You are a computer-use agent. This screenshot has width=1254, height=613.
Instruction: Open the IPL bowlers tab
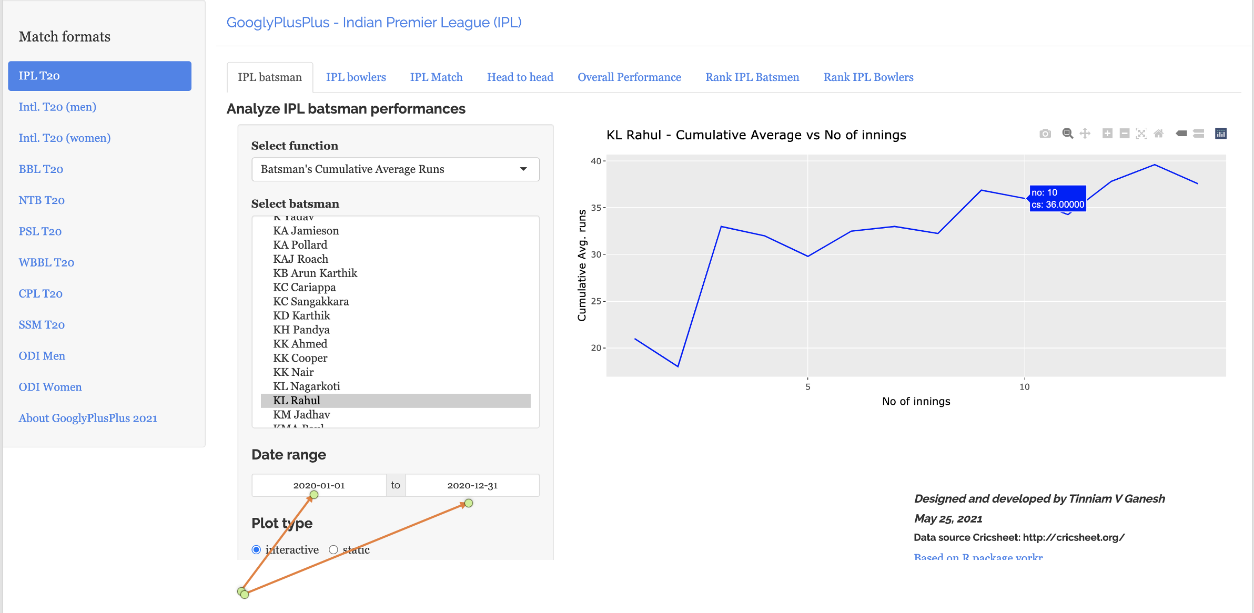356,77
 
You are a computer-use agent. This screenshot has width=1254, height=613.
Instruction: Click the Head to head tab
520,77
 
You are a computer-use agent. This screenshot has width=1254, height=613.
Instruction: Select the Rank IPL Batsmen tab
752,77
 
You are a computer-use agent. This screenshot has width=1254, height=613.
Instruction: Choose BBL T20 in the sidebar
41,169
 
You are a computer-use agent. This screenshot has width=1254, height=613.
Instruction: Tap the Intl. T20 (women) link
65,138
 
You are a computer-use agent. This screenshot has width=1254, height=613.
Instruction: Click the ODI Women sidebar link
50,387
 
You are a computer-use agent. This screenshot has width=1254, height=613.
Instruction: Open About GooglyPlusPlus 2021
88,418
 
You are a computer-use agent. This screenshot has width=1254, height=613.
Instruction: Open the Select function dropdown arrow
523,169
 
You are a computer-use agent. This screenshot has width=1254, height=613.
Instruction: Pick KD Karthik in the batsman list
301,315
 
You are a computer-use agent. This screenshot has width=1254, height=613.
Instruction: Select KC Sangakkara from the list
311,301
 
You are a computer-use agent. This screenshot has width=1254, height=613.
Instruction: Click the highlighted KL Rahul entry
297,401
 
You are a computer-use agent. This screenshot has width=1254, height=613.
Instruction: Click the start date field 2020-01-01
319,485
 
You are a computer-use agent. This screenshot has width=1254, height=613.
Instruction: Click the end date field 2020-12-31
472,485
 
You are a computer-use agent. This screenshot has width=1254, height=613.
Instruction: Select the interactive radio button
256,550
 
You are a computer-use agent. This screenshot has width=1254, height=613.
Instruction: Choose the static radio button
333,550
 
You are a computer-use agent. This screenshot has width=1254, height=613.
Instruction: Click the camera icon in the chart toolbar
1045,134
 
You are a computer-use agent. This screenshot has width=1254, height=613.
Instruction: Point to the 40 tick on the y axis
596,161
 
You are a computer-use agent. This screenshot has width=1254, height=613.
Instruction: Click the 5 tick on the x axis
808,387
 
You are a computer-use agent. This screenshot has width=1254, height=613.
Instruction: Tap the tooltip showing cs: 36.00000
1057,199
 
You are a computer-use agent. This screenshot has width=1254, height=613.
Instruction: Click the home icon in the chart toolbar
1159,134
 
